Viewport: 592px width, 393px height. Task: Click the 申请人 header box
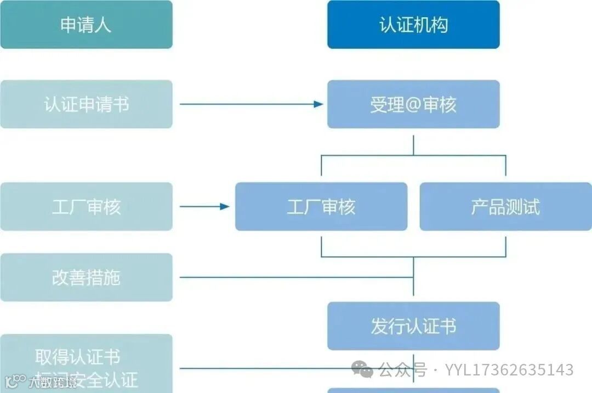point(86,25)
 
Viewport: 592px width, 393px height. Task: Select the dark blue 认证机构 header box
point(413,25)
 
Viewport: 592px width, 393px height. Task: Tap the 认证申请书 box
point(86,104)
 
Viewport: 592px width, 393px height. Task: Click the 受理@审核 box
point(413,104)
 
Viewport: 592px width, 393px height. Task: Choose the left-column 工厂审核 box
point(86,206)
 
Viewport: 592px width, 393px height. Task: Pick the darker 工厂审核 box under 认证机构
point(321,206)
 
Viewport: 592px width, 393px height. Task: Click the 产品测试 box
point(505,206)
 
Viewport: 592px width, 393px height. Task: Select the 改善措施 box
point(86,277)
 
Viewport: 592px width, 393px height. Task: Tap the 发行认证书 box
point(413,326)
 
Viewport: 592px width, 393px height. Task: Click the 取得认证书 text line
point(78,357)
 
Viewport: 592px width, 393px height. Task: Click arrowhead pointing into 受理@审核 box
point(318,104)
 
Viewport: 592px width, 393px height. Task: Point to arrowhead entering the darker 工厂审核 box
point(225,206)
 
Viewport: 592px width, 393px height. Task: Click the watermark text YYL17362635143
point(509,370)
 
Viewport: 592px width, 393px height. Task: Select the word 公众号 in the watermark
point(403,370)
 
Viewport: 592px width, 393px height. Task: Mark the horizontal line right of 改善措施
point(296,277)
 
